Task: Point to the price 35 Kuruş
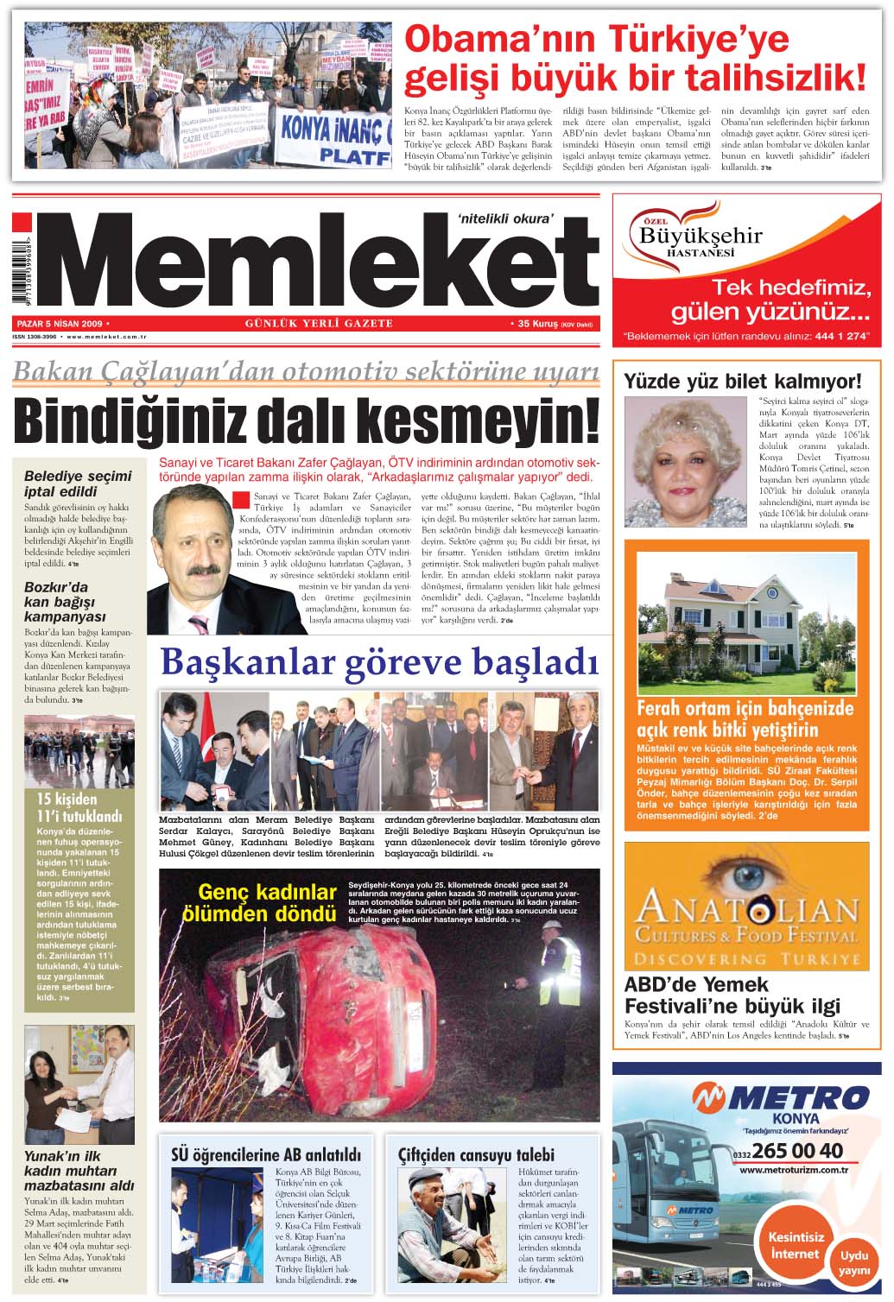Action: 536,324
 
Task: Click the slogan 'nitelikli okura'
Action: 504,218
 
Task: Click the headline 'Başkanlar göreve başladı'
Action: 379,663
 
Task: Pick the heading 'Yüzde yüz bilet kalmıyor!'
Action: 742,381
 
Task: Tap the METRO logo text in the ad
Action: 782,1098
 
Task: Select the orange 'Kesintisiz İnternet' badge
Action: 796,1245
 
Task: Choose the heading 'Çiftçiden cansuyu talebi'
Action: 476,1155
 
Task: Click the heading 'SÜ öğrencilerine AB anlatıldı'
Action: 266,1155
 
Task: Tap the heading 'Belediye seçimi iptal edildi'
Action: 78,484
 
